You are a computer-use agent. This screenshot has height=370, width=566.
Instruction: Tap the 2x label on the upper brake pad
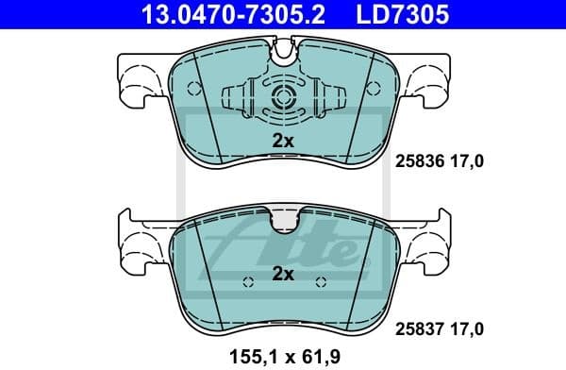click(x=283, y=141)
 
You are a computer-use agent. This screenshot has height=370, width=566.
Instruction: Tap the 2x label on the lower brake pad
click(x=283, y=275)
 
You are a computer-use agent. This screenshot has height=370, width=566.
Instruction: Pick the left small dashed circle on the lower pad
click(x=247, y=282)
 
